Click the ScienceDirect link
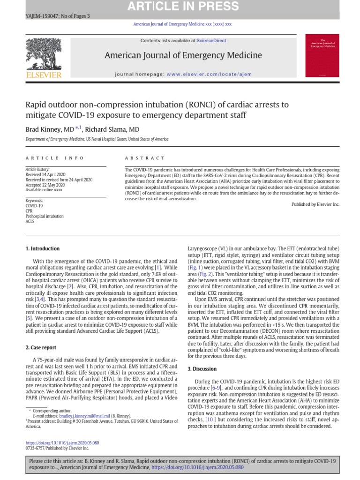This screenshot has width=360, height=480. [x=211, y=41]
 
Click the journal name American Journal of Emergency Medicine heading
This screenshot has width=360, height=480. [x=183, y=56]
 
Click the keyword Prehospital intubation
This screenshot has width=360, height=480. [x=44, y=217]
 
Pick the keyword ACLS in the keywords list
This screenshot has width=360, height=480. [x=30, y=222]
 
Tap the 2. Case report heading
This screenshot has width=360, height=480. [x=41, y=347]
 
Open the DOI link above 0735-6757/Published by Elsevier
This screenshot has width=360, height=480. [x=62, y=442]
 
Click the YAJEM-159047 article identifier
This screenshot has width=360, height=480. [x=41, y=16]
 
